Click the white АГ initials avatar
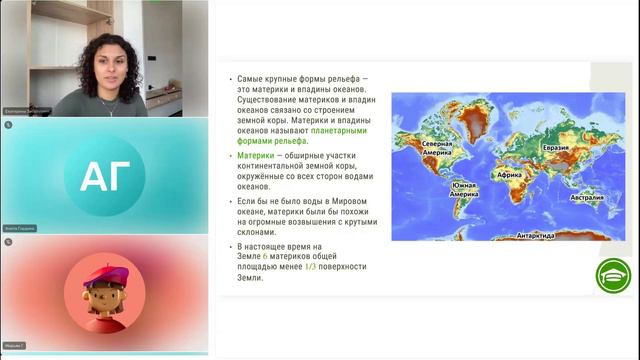click(104, 177)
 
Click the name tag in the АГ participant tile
click(20, 229)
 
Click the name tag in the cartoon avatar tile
click(14, 346)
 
